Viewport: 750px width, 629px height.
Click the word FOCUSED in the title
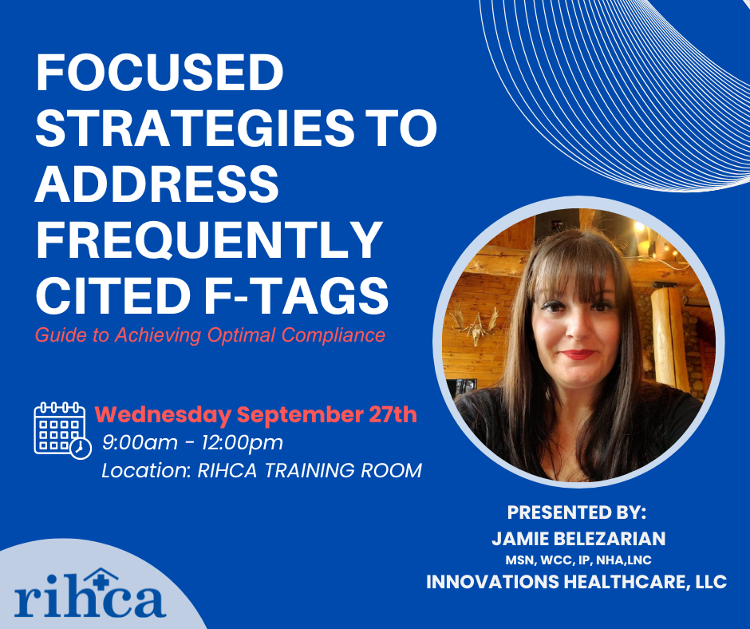click(160, 73)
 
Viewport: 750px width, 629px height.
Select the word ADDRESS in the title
click(157, 184)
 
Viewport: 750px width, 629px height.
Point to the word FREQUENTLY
click(209, 239)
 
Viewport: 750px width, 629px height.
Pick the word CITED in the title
click(113, 295)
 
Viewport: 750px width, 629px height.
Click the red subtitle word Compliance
click(334, 335)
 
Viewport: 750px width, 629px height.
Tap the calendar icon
click(62, 430)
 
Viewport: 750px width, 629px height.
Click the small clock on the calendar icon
click(81, 449)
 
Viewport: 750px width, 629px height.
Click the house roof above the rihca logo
click(99, 573)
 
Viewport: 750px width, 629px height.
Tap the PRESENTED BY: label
click(576, 512)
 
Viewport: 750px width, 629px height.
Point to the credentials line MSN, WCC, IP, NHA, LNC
click(578, 560)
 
